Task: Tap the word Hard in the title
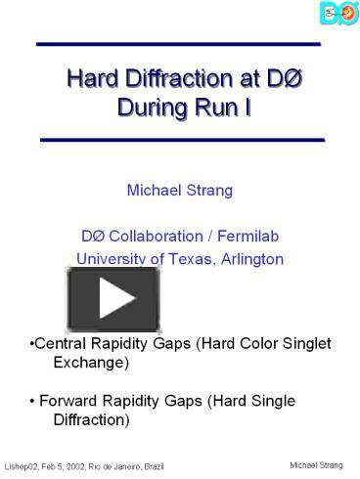coord(88,78)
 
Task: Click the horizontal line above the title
coord(179,45)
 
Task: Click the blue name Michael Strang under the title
coord(179,189)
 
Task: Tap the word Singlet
coord(304,344)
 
